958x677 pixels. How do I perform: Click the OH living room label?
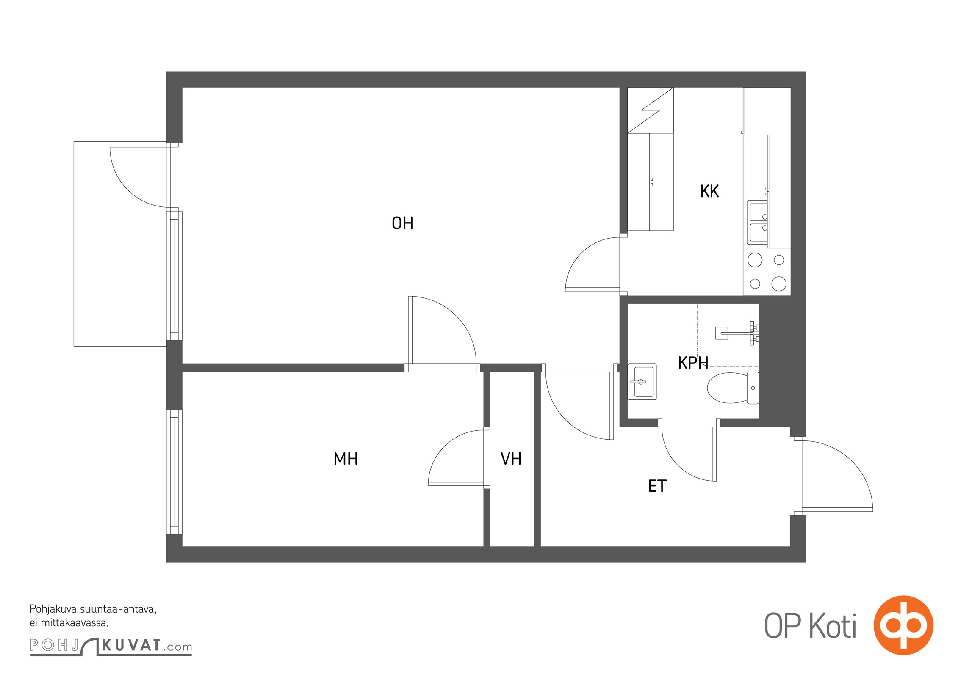(x=402, y=223)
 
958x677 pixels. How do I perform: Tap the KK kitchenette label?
(x=709, y=191)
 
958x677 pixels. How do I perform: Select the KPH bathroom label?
(x=693, y=363)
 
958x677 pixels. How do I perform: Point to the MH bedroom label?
(x=346, y=459)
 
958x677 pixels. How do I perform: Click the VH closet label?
(x=511, y=459)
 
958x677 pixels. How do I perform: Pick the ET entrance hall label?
(x=657, y=486)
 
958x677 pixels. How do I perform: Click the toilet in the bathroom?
(x=733, y=388)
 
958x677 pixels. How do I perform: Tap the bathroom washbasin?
(x=642, y=382)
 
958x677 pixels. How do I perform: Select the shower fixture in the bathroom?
(x=737, y=333)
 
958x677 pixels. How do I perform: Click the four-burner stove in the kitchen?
(x=767, y=272)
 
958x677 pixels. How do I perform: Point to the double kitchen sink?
(x=757, y=223)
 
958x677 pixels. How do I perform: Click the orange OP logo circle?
(x=903, y=625)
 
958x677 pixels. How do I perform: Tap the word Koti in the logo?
(x=833, y=626)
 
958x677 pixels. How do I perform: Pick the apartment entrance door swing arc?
(x=852, y=462)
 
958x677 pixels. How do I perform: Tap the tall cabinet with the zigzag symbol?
(x=651, y=110)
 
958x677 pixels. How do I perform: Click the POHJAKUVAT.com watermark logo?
(x=111, y=646)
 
